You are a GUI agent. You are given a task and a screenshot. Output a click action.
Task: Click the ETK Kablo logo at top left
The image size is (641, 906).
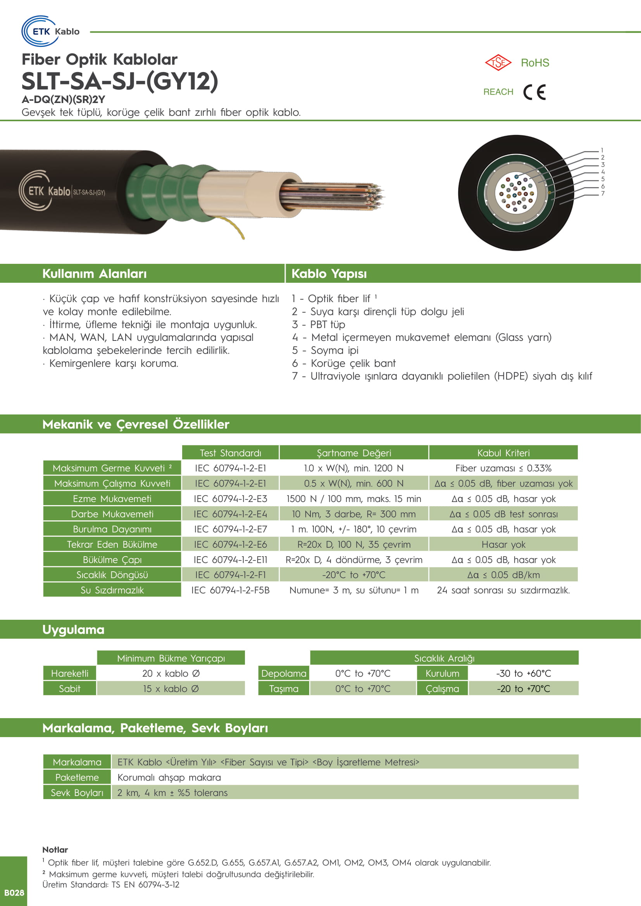(50, 31)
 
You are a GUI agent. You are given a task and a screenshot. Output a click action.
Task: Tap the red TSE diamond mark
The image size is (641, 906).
(498, 62)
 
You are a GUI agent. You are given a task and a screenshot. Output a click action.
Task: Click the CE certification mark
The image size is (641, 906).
(534, 92)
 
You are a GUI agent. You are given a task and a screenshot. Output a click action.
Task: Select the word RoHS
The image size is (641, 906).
(535, 63)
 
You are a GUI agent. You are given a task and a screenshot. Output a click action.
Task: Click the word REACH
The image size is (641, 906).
(498, 92)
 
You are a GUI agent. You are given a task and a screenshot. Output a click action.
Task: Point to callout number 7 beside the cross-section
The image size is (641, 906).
(603, 194)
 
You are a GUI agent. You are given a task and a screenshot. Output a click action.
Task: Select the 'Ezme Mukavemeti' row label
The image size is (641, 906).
(112, 499)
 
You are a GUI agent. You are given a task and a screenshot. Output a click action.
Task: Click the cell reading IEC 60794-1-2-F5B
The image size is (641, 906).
(231, 590)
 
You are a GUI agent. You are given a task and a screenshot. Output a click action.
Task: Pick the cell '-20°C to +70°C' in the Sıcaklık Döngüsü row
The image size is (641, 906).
(354, 575)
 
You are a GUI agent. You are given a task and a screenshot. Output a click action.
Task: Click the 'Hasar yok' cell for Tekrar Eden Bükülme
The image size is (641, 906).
(503, 545)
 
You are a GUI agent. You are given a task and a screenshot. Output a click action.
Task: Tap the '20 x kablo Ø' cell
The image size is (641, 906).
(171, 674)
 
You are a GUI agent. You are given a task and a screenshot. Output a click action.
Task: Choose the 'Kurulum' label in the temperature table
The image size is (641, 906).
(442, 674)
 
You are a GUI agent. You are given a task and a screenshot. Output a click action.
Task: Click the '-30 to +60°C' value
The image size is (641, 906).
(523, 674)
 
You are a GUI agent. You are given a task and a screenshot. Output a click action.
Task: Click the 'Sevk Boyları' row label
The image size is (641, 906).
(77, 793)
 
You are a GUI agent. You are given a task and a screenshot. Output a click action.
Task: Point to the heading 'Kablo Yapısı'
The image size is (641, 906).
(329, 273)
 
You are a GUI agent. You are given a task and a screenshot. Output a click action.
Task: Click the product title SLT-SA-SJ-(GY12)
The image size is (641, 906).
(120, 81)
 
